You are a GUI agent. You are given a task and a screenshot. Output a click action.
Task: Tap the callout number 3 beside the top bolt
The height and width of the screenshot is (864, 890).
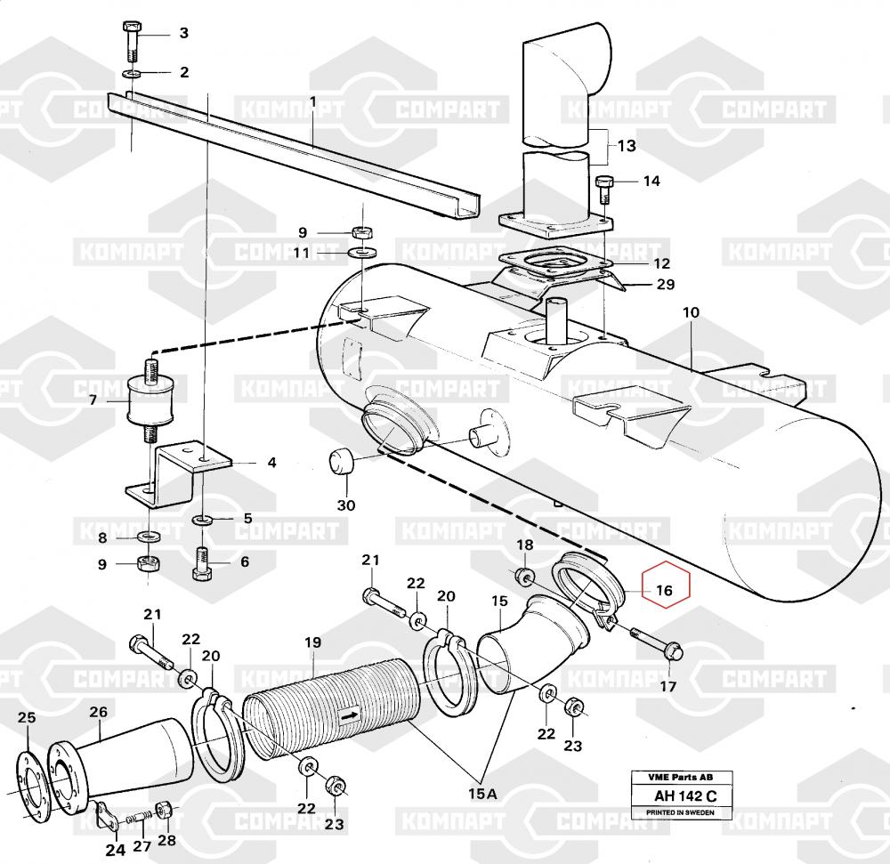tap(184, 34)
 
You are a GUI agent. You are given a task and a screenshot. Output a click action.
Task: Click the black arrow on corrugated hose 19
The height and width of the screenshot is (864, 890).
tap(348, 713)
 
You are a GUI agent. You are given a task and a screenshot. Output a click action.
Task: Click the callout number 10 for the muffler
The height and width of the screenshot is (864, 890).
tap(692, 313)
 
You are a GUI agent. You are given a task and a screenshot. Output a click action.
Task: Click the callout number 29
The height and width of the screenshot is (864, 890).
tap(666, 285)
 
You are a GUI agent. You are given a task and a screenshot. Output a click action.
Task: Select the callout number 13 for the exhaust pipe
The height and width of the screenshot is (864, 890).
tap(627, 145)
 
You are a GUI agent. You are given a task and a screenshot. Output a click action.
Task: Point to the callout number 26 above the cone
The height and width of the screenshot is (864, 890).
tap(98, 712)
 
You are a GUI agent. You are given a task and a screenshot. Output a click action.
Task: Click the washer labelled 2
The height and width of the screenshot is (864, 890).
tap(132, 71)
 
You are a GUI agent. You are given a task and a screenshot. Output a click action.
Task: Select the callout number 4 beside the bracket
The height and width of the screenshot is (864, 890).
tap(272, 463)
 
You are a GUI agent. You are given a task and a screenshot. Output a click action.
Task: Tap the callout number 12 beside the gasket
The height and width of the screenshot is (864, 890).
tap(661, 263)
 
